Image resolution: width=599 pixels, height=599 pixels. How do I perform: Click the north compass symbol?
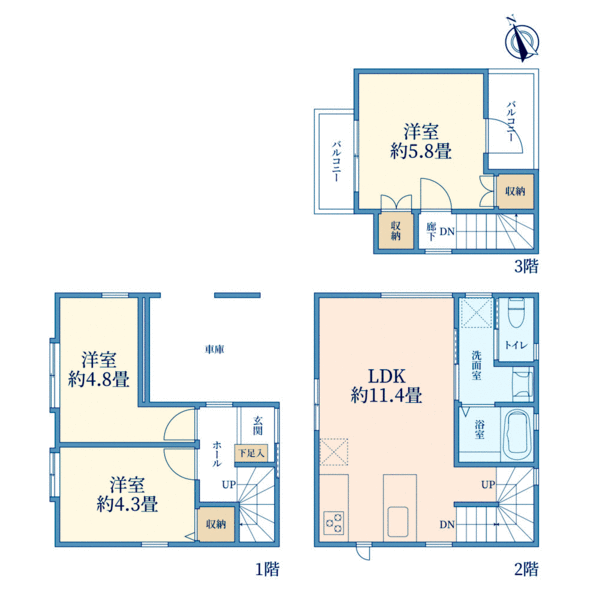click(522, 39)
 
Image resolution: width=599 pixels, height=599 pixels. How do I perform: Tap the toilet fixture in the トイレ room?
click(516, 311)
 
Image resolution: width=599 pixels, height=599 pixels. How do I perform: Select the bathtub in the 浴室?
click(517, 435)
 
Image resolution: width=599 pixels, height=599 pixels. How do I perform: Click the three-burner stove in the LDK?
click(334, 522)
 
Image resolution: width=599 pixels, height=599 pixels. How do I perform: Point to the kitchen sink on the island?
click(398, 521)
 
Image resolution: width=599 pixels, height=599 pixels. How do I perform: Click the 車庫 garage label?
click(215, 349)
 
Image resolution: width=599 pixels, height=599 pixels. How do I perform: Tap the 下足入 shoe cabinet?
click(251, 454)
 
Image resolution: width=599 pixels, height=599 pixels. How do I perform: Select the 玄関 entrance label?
click(258, 426)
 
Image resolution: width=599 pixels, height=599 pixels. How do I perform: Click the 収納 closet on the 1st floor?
click(216, 524)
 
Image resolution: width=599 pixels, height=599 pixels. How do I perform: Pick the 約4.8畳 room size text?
click(99, 379)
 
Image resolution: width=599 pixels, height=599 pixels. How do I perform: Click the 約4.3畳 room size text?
click(127, 504)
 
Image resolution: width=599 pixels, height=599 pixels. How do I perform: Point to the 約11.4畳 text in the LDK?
click(386, 395)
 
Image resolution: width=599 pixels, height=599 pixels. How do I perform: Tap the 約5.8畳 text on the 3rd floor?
click(421, 151)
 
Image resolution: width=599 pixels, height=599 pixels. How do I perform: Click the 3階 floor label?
click(526, 266)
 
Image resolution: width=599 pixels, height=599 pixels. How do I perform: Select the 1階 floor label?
click(267, 569)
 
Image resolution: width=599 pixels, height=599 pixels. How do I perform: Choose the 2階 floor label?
click(526, 569)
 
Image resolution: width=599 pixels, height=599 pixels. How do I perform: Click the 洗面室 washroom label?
click(476, 366)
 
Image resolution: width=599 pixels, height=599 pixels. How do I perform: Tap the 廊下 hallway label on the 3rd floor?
click(431, 232)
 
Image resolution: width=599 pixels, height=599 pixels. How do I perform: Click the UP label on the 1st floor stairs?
click(229, 485)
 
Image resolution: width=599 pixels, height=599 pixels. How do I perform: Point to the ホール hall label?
click(217, 454)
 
